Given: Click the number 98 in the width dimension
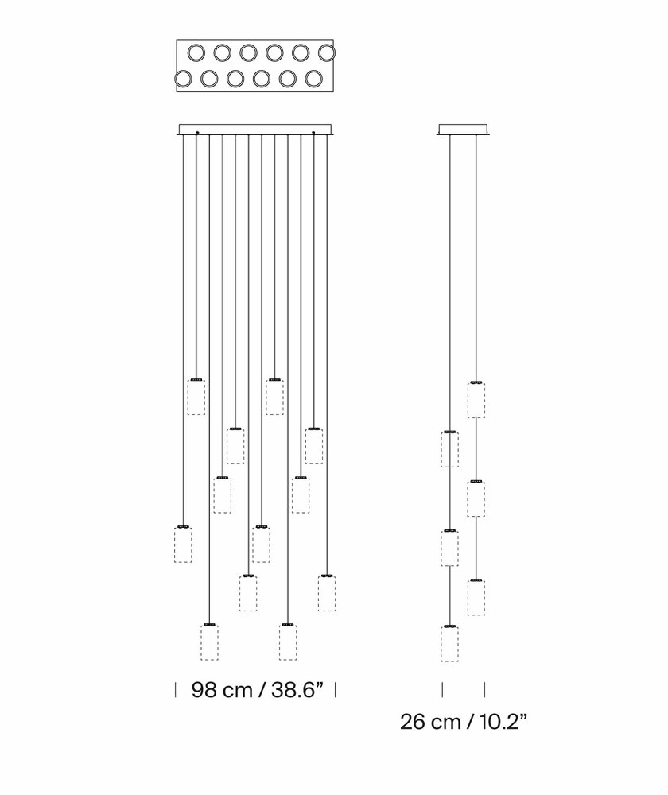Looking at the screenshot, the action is (204, 690).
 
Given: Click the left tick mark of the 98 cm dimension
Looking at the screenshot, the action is (176, 689).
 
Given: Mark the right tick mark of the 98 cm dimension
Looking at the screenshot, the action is (336, 689).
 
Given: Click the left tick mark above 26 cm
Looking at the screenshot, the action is (442, 689).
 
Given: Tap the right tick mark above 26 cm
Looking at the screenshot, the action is (484, 689).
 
